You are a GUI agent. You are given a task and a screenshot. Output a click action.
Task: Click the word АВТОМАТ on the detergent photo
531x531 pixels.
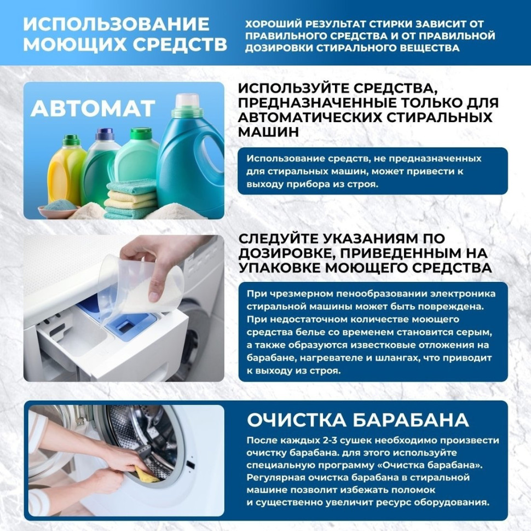pos(93,108)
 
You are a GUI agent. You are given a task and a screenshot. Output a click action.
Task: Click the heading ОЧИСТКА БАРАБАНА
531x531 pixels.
pos(358,420)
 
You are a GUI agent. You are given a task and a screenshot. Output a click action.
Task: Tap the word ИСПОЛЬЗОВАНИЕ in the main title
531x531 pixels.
pos(116,25)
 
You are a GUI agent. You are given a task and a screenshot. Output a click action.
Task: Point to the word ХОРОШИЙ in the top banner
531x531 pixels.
pos(268,25)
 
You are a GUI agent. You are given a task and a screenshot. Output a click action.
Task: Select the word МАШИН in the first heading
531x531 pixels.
pos(269,132)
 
